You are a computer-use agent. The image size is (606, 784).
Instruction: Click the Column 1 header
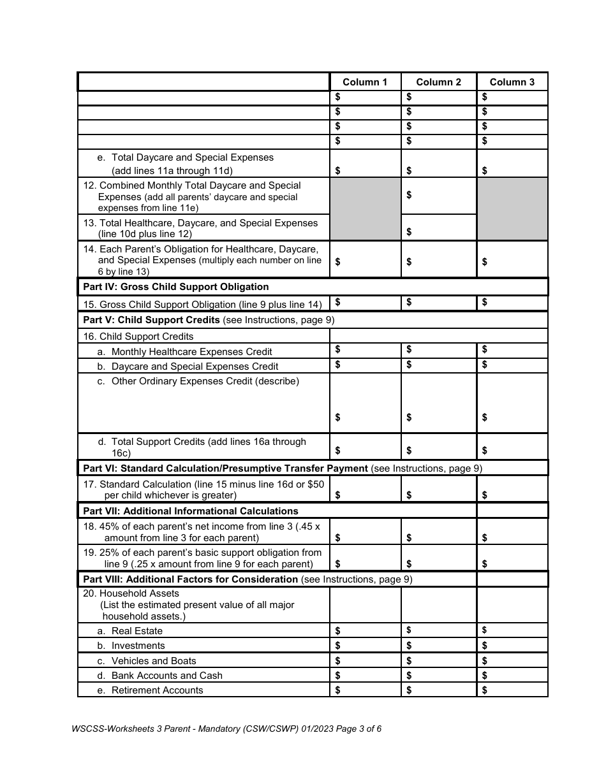click(365, 82)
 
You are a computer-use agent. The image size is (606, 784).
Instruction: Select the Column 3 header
click(512, 82)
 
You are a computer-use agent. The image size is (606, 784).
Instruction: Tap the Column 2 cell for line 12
click(439, 196)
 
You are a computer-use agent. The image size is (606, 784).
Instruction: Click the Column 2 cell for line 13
click(439, 228)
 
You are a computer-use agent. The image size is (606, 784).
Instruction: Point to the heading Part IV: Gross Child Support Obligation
click(176, 287)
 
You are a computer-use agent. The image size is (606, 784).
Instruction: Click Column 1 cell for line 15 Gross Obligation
click(365, 303)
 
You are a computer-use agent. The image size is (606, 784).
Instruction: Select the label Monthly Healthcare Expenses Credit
click(191, 352)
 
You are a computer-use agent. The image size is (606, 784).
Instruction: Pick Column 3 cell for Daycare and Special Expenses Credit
click(512, 366)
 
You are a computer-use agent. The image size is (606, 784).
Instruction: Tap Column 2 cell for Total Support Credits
click(439, 447)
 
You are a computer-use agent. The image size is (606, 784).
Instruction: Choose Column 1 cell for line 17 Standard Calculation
click(365, 490)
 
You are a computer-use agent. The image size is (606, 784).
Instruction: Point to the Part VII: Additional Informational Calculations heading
click(191, 511)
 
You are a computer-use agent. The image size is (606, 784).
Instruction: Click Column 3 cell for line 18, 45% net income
click(512, 532)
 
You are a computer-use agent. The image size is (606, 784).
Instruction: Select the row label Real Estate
click(137, 631)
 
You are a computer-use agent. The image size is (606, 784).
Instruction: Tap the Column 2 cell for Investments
click(439, 646)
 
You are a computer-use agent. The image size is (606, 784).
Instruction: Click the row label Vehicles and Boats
click(154, 661)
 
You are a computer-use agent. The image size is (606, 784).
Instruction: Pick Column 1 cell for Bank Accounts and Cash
click(365, 676)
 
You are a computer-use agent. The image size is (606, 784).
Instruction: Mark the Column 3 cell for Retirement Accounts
click(512, 690)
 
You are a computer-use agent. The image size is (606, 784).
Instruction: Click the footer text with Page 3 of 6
click(226, 729)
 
